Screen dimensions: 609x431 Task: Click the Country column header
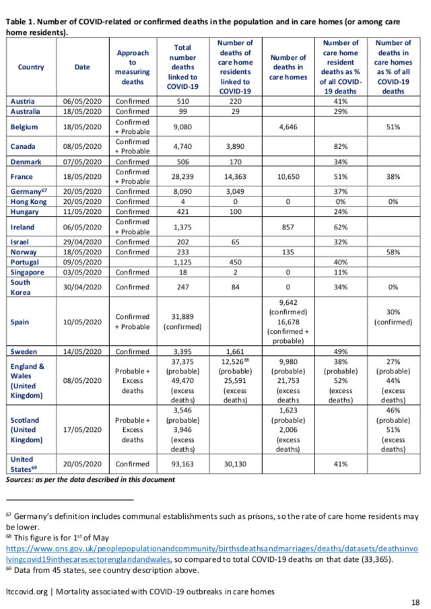[x=31, y=67]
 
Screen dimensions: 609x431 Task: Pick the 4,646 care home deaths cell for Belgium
[x=288, y=127]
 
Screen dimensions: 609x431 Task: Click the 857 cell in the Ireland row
[x=288, y=227]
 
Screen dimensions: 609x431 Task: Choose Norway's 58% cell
[x=393, y=251]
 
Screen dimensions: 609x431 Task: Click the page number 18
[x=416, y=601]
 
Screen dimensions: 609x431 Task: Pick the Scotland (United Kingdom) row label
[x=26, y=429]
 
